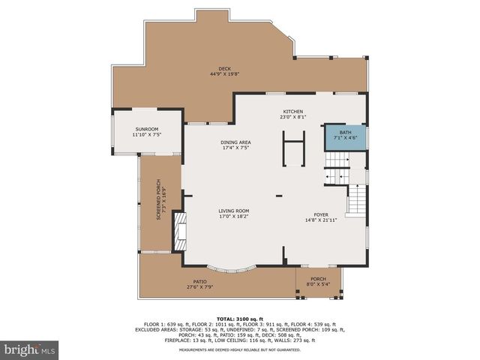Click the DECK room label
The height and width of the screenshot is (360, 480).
click(x=224, y=69)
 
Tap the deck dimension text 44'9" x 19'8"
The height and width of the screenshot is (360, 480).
click(x=224, y=74)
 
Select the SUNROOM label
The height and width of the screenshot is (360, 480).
click(x=147, y=129)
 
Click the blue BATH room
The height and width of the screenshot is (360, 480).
click(x=345, y=136)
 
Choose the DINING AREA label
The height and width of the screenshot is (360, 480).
click(x=235, y=142)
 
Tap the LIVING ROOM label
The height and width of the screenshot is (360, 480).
click(x=234, y=211)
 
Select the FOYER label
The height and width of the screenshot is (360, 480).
click(x=321, y=214)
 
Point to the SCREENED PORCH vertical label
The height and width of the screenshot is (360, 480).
click(x=159, y=199)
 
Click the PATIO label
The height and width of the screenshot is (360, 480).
click(x=199, y=282)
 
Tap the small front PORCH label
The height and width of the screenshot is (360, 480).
click(x=318, y=279)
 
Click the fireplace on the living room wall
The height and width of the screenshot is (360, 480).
click(x=178, y=231)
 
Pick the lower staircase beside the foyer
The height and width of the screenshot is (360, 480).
click(x=357, y=201)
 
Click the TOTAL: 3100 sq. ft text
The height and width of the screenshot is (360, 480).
click(x=240, y=319)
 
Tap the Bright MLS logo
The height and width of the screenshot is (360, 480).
click(x=30, y=349)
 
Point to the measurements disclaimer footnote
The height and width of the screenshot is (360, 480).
click(x=240, y=350)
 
